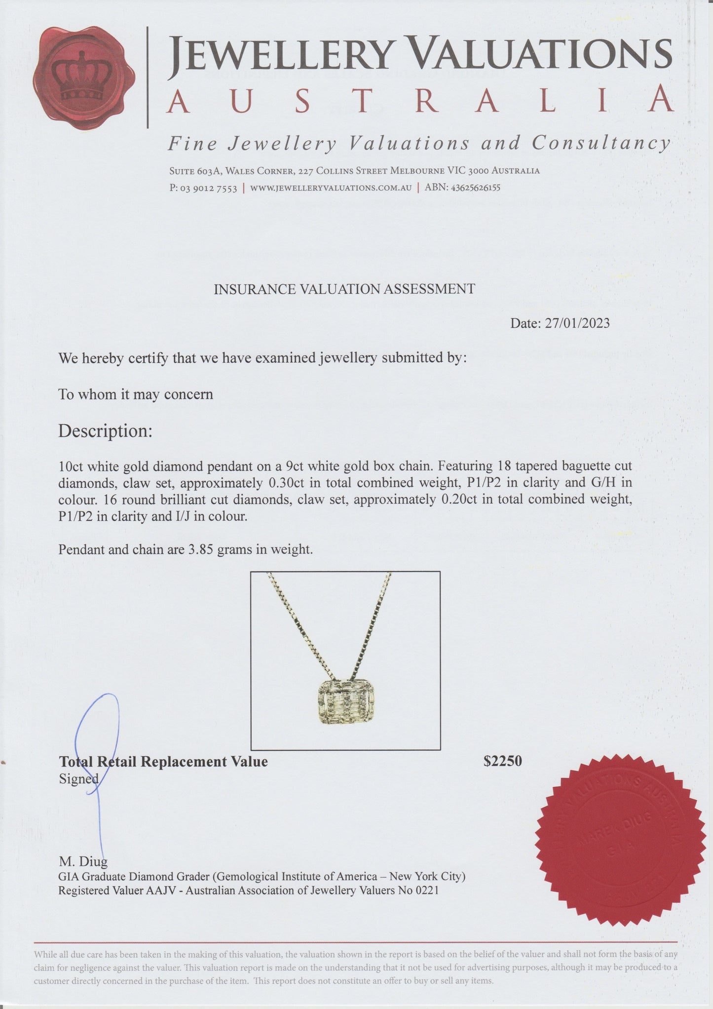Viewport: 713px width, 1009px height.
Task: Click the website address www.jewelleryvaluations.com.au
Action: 331,188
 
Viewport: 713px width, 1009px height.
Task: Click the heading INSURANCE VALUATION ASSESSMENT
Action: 344,289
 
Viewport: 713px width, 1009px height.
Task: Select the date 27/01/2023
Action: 577,323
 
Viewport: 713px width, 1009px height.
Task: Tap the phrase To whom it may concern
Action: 136,394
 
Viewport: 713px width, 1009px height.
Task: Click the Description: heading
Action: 105,431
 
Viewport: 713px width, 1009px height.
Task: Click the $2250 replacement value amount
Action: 502,761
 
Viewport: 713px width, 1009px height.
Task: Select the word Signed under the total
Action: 78,779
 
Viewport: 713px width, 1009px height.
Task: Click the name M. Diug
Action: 82,862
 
